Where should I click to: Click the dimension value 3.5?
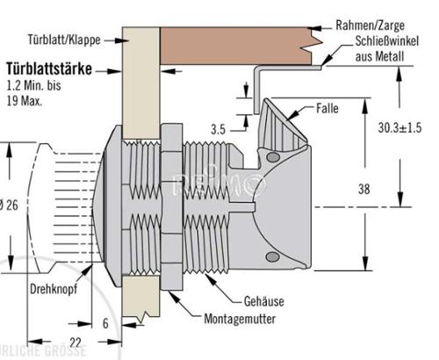point(219,128)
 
